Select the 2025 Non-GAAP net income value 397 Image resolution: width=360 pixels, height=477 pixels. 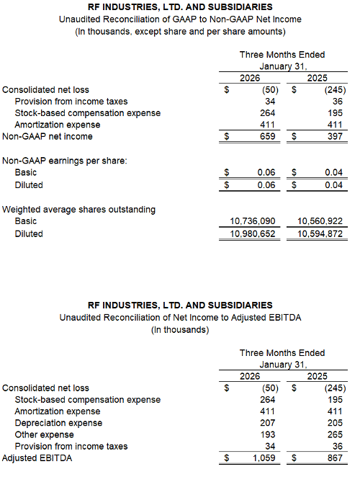click(x=335, y=136)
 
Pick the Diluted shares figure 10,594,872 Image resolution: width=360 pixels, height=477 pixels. click(x=316, y=234)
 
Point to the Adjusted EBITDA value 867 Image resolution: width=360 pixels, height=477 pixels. click(x=334, y=458)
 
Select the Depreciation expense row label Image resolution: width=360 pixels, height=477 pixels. click(x=58, y=423)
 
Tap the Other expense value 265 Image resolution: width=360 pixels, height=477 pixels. click(x=335, y=434)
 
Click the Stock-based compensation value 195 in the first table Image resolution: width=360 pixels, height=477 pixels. click(x=335, y=113)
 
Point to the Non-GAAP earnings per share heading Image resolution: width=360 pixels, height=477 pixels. click(x=65, y=160)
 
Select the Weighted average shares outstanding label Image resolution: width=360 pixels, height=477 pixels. click(x=78, y=209)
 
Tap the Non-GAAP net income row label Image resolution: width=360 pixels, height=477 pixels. click(x=48, y=136)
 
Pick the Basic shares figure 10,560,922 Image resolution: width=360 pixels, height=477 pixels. click(x=316, y=221)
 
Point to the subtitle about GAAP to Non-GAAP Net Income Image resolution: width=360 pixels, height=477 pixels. click(x=180, y=19)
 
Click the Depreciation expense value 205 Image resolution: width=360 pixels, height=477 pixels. click(x=335, y=423)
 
